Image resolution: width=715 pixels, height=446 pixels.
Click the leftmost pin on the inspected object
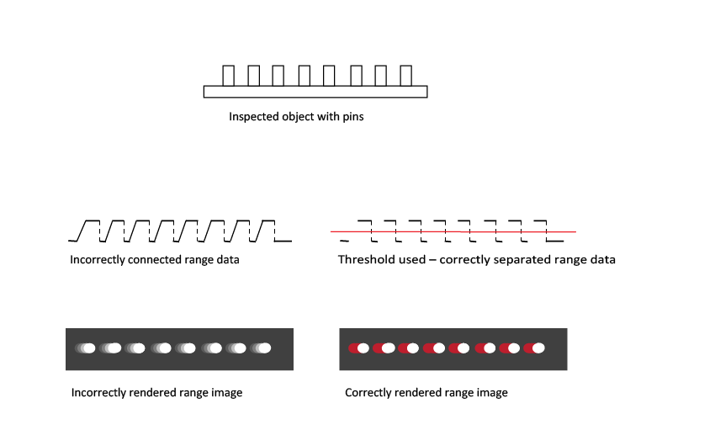pyautogui.click(x=228, y=75)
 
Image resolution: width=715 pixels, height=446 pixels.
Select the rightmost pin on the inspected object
pyautogui.click(x=406, y=75)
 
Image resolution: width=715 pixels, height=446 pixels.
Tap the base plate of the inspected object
pyautogui.click(x=315, y=92)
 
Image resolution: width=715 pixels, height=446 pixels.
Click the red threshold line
pyautogui.click(x=454, y=231)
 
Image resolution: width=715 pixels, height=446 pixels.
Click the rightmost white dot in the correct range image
pyautogui.click(x=538, y=348)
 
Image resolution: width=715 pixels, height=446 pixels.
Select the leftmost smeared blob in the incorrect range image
pyautogui.click(x=85, y=348)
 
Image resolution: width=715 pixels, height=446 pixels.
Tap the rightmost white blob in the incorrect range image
pyautogui.click(x=265, y=348)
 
